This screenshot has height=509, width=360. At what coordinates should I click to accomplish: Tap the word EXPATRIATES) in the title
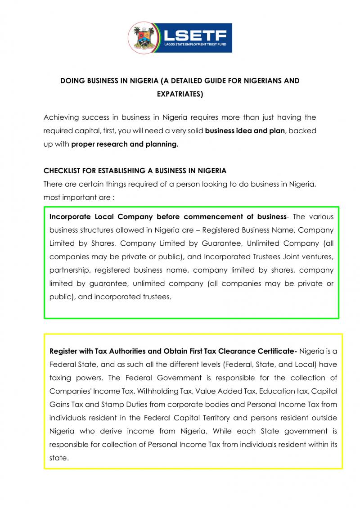tap(180, 95)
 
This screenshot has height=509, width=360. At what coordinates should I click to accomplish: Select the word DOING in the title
tap(72, 81)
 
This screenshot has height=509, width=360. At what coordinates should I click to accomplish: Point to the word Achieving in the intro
tap(62, 117)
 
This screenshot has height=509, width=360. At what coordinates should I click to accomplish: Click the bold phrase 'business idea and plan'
tap(245, 131)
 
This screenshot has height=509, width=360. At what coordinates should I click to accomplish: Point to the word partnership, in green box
tap(69, 270)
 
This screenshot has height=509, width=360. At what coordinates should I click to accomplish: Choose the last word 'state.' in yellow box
tap(59, 459)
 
